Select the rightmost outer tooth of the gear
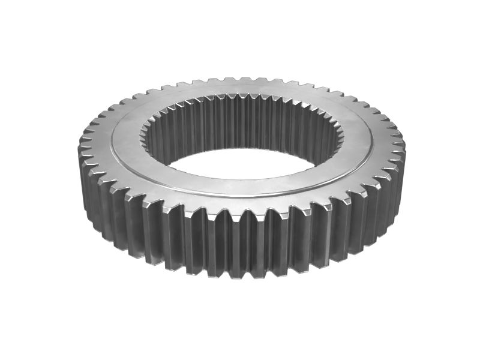[x=401, y=146]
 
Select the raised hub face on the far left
[x=124, y=135]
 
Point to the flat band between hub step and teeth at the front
[x=240, y=204]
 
